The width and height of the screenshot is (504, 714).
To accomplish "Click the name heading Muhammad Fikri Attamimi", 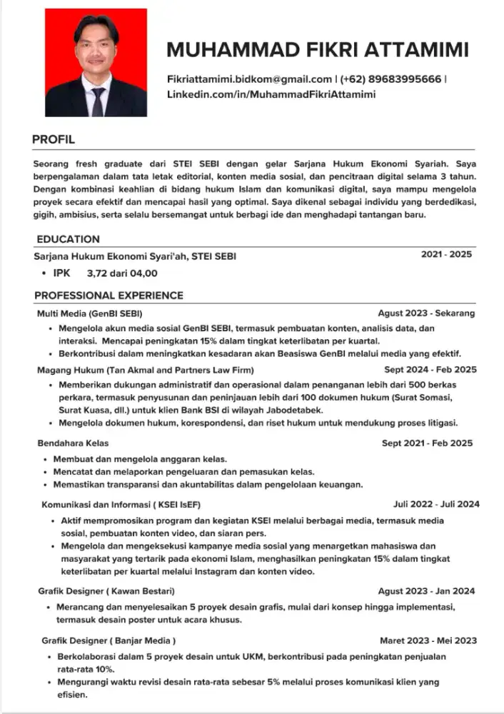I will [318, 50].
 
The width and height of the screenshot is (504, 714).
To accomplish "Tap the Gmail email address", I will [249, 79].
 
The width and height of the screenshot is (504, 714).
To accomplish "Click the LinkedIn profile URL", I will [271, 94].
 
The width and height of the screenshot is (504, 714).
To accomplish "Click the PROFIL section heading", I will [54, 139].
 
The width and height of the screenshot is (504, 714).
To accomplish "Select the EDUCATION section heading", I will [68, 239].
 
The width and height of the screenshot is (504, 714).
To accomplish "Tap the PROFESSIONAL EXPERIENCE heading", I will [109, 296].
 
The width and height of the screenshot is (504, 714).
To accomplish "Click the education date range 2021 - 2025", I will [446, 255].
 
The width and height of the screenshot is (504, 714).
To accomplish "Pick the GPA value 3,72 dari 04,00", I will [121, 273].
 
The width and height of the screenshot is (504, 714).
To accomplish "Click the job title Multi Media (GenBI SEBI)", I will [89, 313].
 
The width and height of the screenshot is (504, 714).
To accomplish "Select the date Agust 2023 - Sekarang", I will [426, 313].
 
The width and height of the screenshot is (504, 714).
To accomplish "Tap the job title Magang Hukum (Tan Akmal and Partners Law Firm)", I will [145, 370].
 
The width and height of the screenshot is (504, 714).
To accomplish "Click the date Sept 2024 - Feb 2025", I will [430, 370].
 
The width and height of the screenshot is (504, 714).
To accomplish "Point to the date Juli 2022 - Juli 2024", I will [435, 504].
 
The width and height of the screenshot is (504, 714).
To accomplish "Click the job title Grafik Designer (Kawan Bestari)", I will [106, 591].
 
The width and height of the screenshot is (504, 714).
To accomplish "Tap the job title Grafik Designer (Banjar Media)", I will [109, 640].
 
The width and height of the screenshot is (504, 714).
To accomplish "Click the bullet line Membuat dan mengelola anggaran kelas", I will [140, 459].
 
